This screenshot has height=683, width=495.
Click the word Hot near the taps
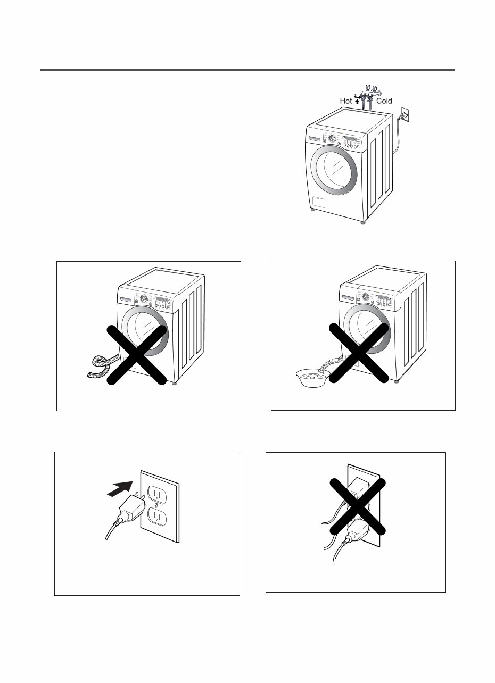click(x=346, y=101)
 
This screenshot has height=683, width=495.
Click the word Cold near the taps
click(x=384, y=101)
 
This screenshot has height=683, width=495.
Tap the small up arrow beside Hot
click(x=357, y=101)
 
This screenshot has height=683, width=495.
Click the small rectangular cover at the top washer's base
click(x=319, y=202)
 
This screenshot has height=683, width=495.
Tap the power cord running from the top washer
click(x=397, y=138)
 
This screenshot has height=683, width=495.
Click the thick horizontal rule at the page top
click(x=247, y=70)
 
